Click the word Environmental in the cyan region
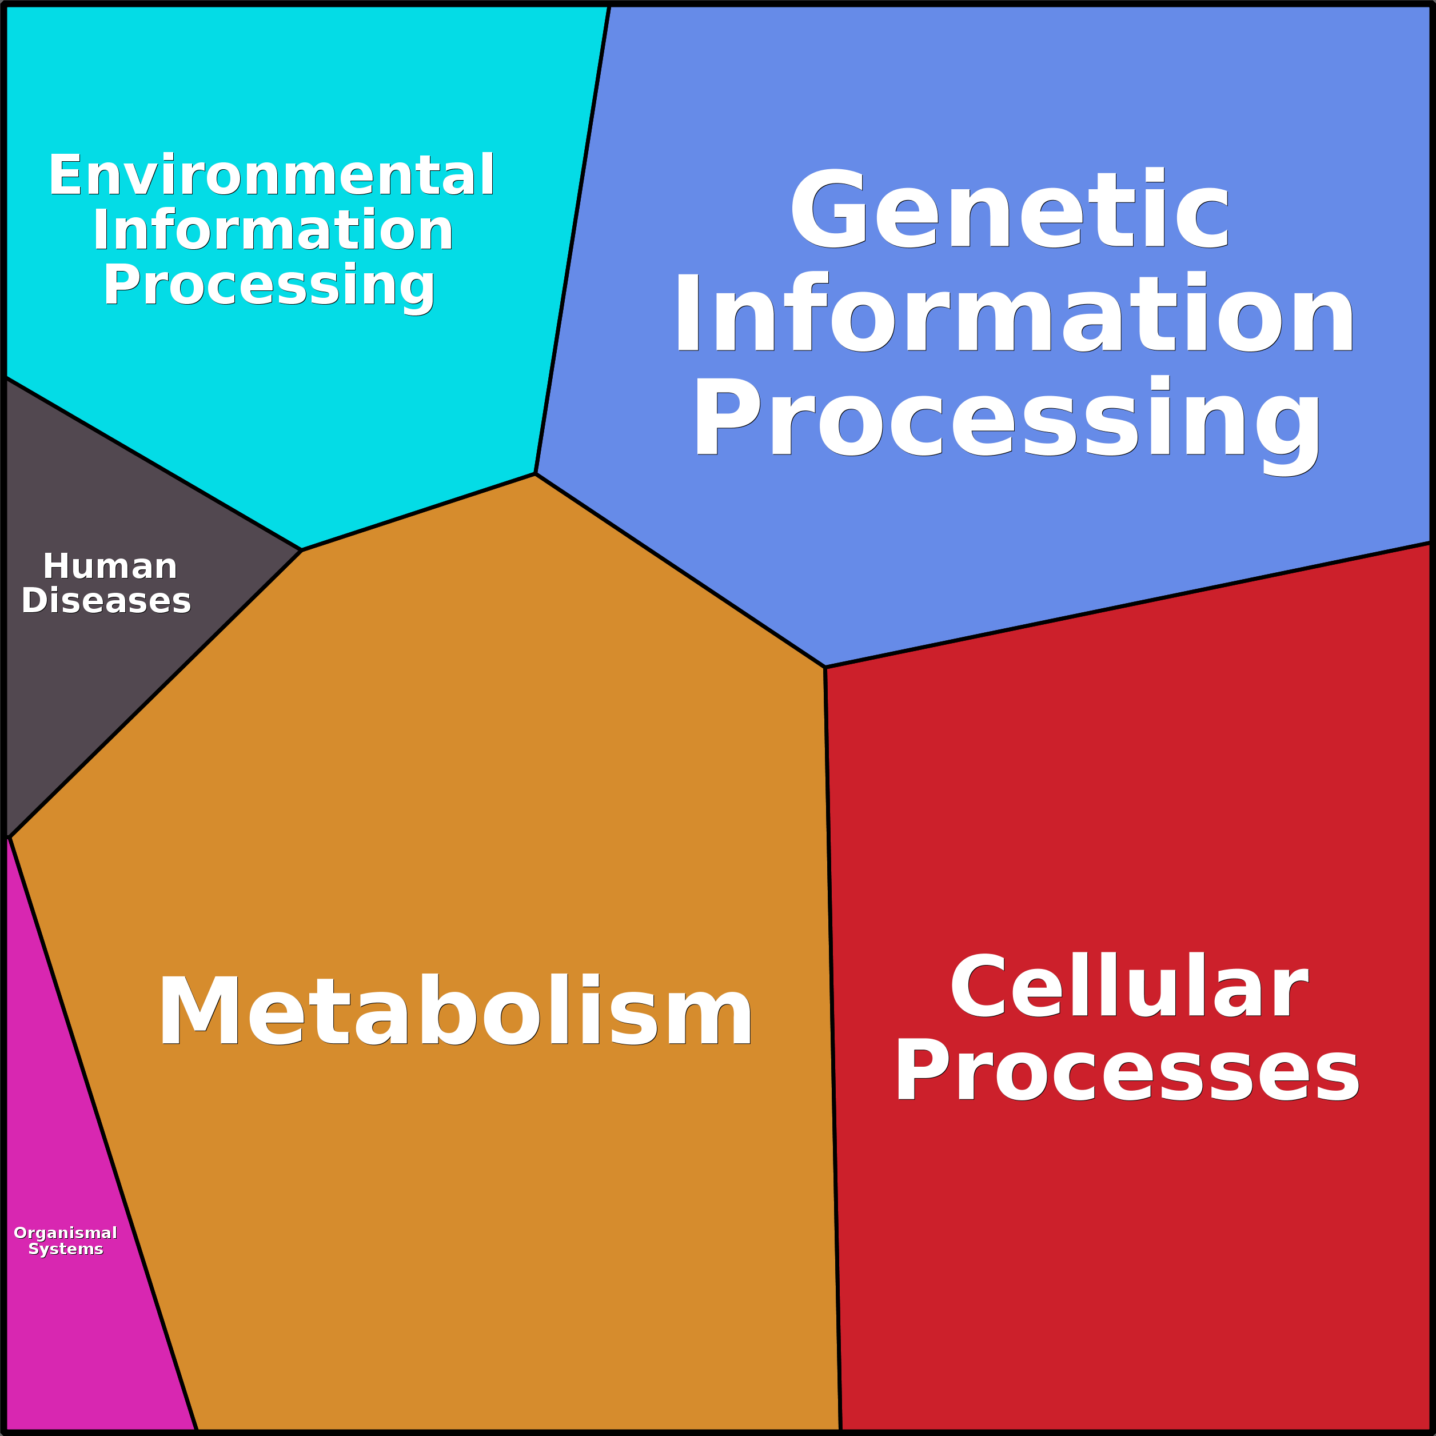pos(272,175)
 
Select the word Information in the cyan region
pos(273,230)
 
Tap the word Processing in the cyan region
pos(269,285)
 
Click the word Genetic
pos(1010,210)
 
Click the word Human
pos(110,567)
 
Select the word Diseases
pos(106,601)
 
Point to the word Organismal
pos(65,1232)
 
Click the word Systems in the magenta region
pos(65,1250)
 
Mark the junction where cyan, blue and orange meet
pos(536,473)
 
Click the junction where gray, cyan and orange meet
pos(302,550)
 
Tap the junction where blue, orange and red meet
pos(825,667)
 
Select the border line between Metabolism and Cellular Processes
pos(832,1040)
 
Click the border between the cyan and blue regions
pos(573,238)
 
